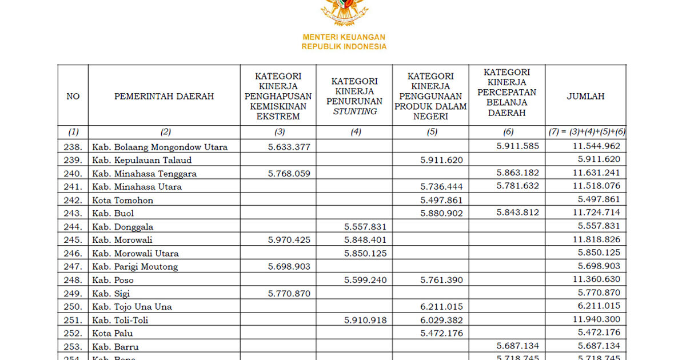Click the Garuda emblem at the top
(x=344, y=11)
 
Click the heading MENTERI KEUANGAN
(x=344, y=37)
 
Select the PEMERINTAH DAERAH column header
(x=164, y=96)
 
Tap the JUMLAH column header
(x=585, y=96)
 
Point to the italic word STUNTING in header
(x=354, y=111)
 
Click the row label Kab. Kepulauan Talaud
(x=142, y=160)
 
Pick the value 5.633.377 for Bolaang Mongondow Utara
(x=289, y=146)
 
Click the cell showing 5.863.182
(x=518, y=173)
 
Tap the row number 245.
(x=73, y=240)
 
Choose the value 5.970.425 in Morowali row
(x=289, y=240)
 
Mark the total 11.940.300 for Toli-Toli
(x=595, y=319)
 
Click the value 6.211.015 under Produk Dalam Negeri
(x=441, y=306)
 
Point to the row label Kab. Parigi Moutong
(x=135, y=266)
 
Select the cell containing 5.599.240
(x=365, y=279)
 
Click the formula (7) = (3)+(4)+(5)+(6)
(x=586, y=132)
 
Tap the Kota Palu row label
(x=113, y=333)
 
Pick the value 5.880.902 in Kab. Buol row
(x=441, y=213)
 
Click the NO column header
(x=73, y=96)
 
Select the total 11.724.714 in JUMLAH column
(x=595, y=213)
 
